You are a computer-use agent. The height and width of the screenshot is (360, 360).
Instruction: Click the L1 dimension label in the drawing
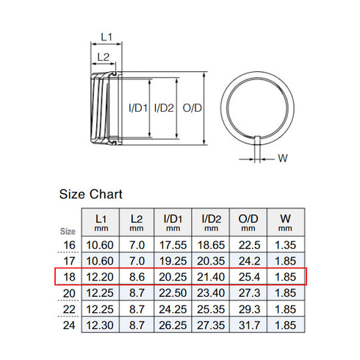click(x=106, y=36)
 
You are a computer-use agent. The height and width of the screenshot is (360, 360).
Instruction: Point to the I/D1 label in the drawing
click(x=138, y=108)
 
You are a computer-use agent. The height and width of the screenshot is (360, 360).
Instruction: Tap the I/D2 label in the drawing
click(x=164, y=108)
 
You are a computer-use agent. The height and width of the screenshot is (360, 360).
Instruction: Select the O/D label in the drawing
click(x=192, y=108)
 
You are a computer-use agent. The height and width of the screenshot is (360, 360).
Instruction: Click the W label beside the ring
click(x=283, y=156)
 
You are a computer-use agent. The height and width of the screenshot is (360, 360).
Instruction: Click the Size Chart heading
click(x=90, y=195)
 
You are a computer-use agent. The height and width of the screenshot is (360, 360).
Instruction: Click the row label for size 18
click(x=68, y=276)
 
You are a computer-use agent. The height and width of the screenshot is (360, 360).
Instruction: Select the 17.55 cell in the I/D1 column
click(x=172, y=245)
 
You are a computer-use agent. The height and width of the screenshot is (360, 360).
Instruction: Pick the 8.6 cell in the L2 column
click(x=137, y=276)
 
